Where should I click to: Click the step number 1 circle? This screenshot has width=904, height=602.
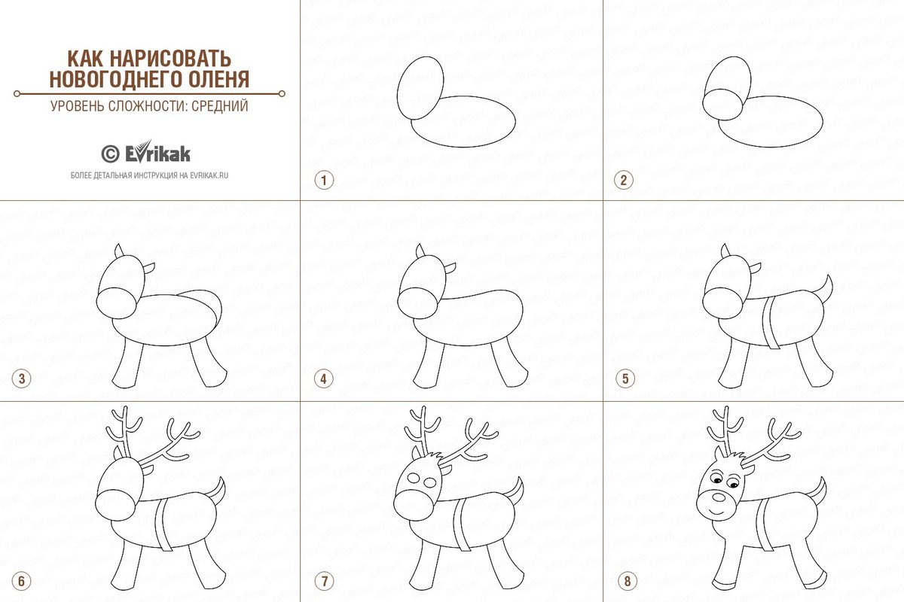coord(324,181)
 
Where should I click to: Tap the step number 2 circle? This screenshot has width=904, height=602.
coord(624,181)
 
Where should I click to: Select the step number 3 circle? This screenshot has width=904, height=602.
coord(21,379)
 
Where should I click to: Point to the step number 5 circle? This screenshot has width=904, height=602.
coord(625,379)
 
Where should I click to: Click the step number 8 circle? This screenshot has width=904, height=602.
coord(627,581)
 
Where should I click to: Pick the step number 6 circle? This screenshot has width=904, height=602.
coord(21,581)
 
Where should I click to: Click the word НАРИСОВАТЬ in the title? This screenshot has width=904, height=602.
coord(171,59)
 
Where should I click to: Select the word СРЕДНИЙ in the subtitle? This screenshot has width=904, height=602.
coord(220,105)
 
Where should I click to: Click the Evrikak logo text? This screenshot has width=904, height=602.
coord(157,152)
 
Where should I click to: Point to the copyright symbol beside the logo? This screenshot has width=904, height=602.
coord(110,154)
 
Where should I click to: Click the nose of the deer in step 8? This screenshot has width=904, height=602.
coord(719,497)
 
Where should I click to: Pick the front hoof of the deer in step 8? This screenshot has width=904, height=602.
coord(724,585)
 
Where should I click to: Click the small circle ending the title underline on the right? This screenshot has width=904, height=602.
coord(282,94)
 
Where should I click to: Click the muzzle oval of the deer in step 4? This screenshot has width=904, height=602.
coord(417,303)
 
